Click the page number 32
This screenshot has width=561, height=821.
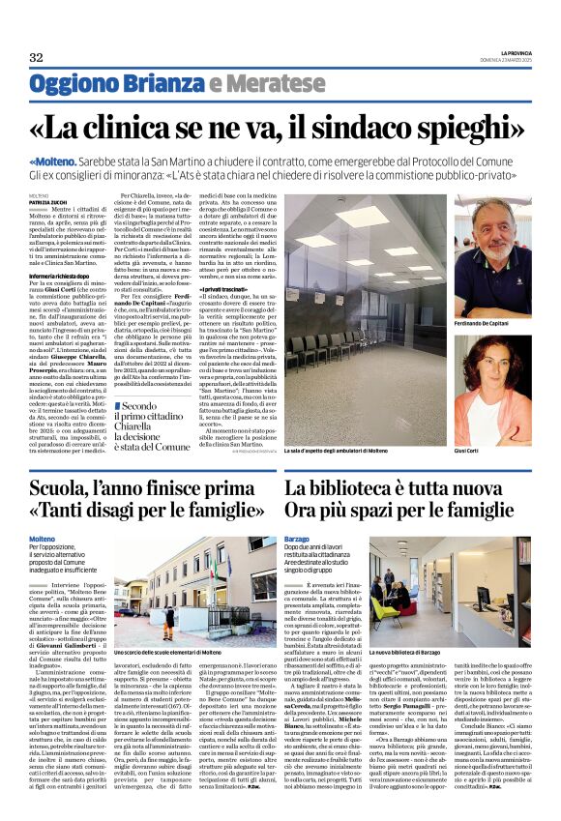37,57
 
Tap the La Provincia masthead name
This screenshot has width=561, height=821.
508,52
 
